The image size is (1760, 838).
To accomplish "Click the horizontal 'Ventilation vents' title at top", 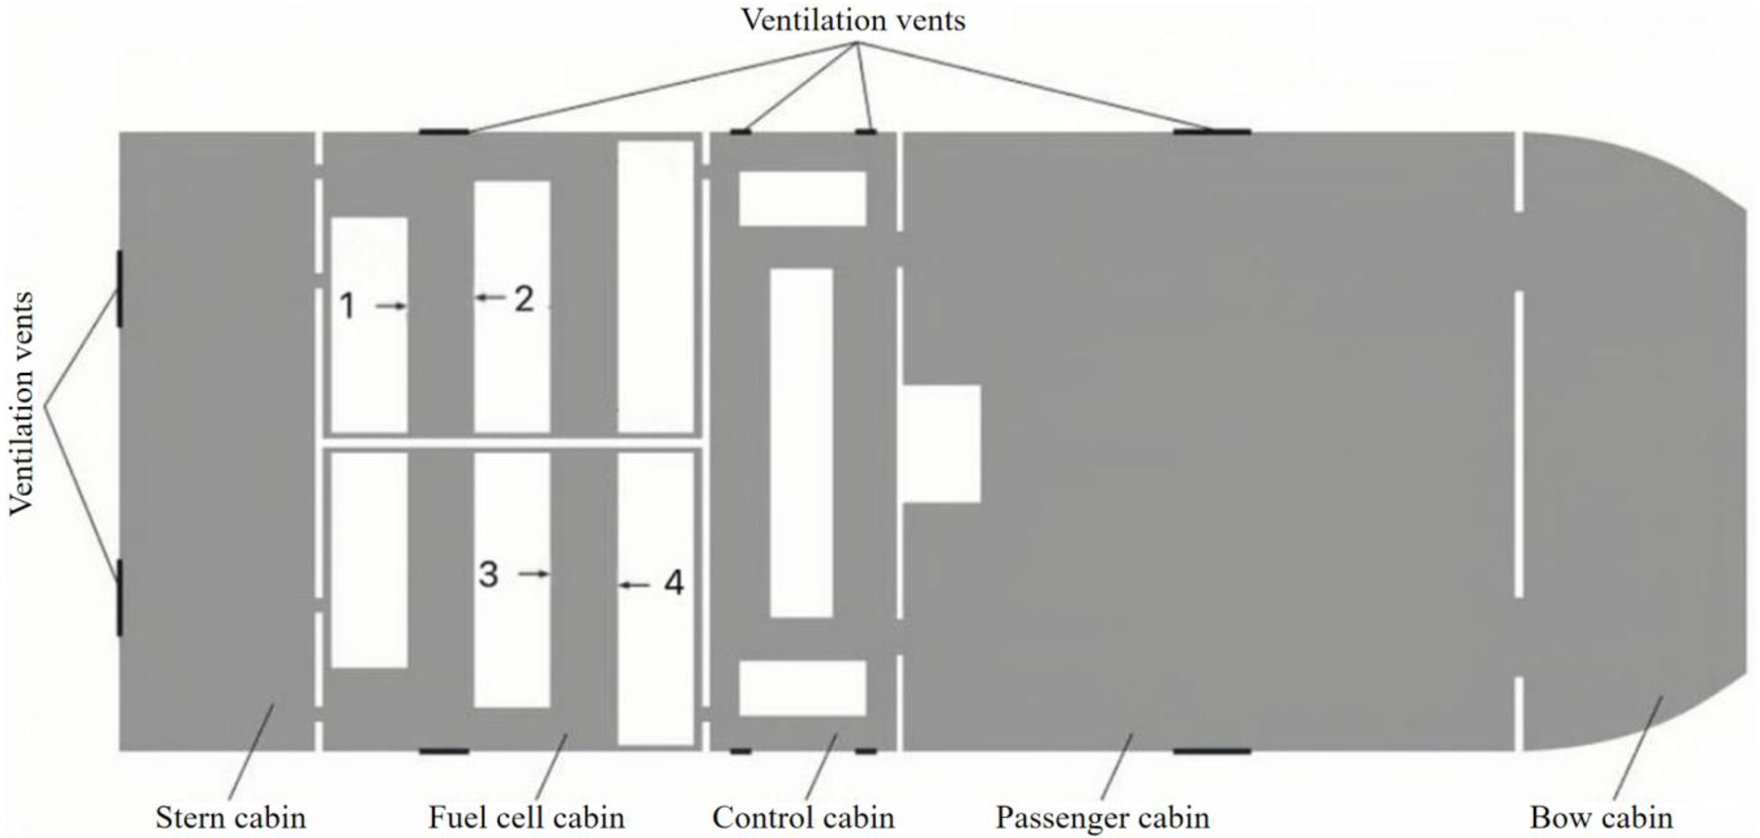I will pos(853,20).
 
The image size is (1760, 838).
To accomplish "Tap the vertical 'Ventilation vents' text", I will pos(22,403).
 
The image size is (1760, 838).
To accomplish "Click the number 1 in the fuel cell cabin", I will pos(347,306).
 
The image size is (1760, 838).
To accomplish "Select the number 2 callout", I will pos(523,299).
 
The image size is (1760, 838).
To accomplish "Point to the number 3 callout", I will pos(488,574).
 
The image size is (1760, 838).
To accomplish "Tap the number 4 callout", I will pos(673,584).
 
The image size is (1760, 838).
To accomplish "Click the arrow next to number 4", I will pos(635,585).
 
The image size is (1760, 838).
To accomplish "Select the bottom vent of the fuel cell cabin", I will pos(444,751).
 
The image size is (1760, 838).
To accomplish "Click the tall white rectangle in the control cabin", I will pos(801,443).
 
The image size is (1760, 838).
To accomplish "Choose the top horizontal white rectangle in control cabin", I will pos(803,198).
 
